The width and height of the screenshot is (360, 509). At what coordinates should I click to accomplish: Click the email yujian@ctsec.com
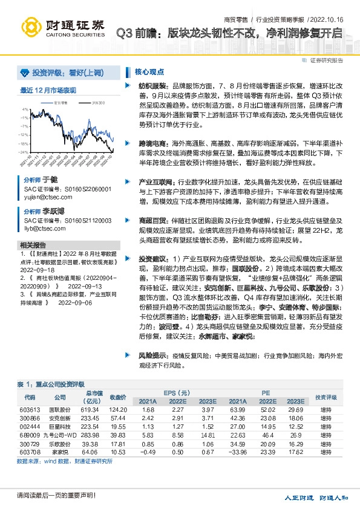coord(44,196)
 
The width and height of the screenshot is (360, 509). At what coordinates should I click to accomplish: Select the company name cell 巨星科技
coord(59,427)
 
